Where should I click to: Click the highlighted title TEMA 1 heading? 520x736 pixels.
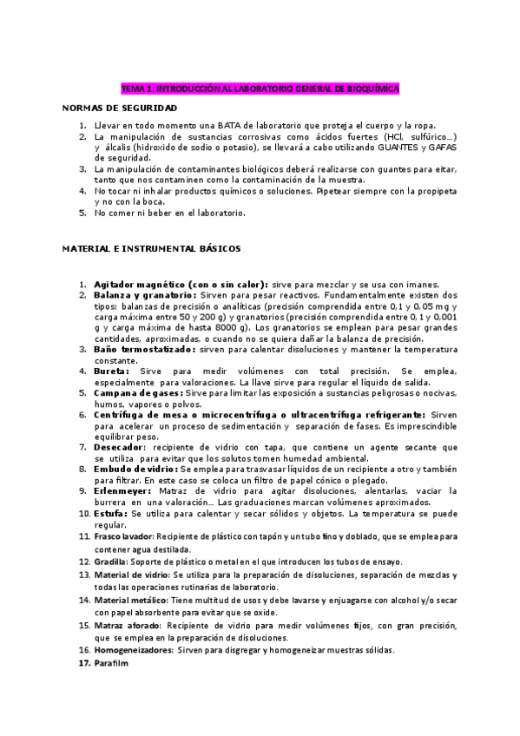[x=260, y=89]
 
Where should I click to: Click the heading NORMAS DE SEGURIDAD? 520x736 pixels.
[x=120, y=108]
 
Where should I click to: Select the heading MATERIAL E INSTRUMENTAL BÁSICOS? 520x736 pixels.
[x=151, y=248]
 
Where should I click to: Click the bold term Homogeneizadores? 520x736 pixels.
[x=133, y=650]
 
